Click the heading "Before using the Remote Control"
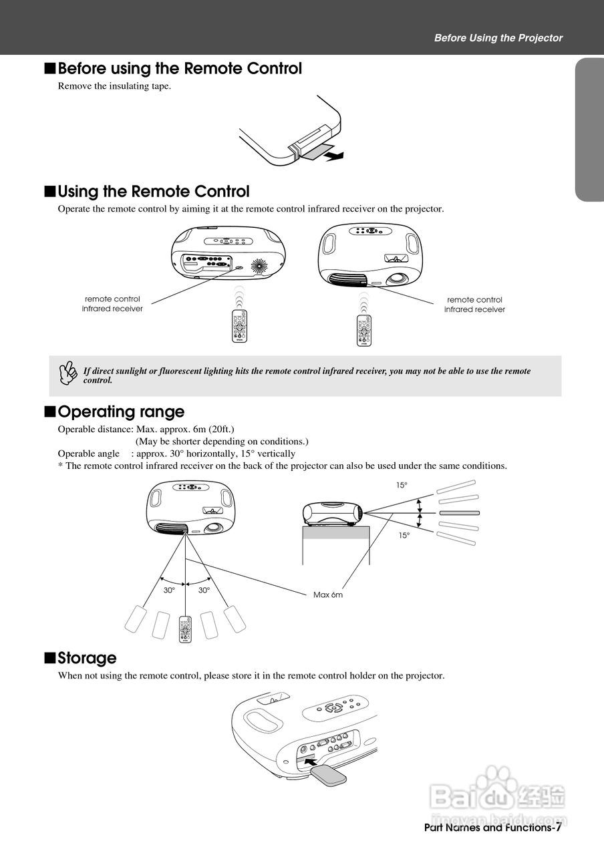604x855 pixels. point(179,69)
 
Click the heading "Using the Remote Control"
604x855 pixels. point(153,192)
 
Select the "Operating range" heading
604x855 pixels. point(120,411)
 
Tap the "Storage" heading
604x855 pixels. point(87,658)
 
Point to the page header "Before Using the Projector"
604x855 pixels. point(498,38)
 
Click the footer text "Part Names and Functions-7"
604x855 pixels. point(492,828)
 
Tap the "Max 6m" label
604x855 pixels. point(327,594)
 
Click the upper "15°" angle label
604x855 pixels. point(401,486)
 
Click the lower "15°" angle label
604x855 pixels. point(404,535)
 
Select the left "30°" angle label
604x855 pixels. point(169,590)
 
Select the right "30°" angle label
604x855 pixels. point(204,590)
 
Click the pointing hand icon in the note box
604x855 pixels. point(67,374)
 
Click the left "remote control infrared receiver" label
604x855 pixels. point(112,304)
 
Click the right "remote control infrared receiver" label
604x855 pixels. point(474,305)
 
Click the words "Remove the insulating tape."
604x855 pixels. point(114,85)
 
